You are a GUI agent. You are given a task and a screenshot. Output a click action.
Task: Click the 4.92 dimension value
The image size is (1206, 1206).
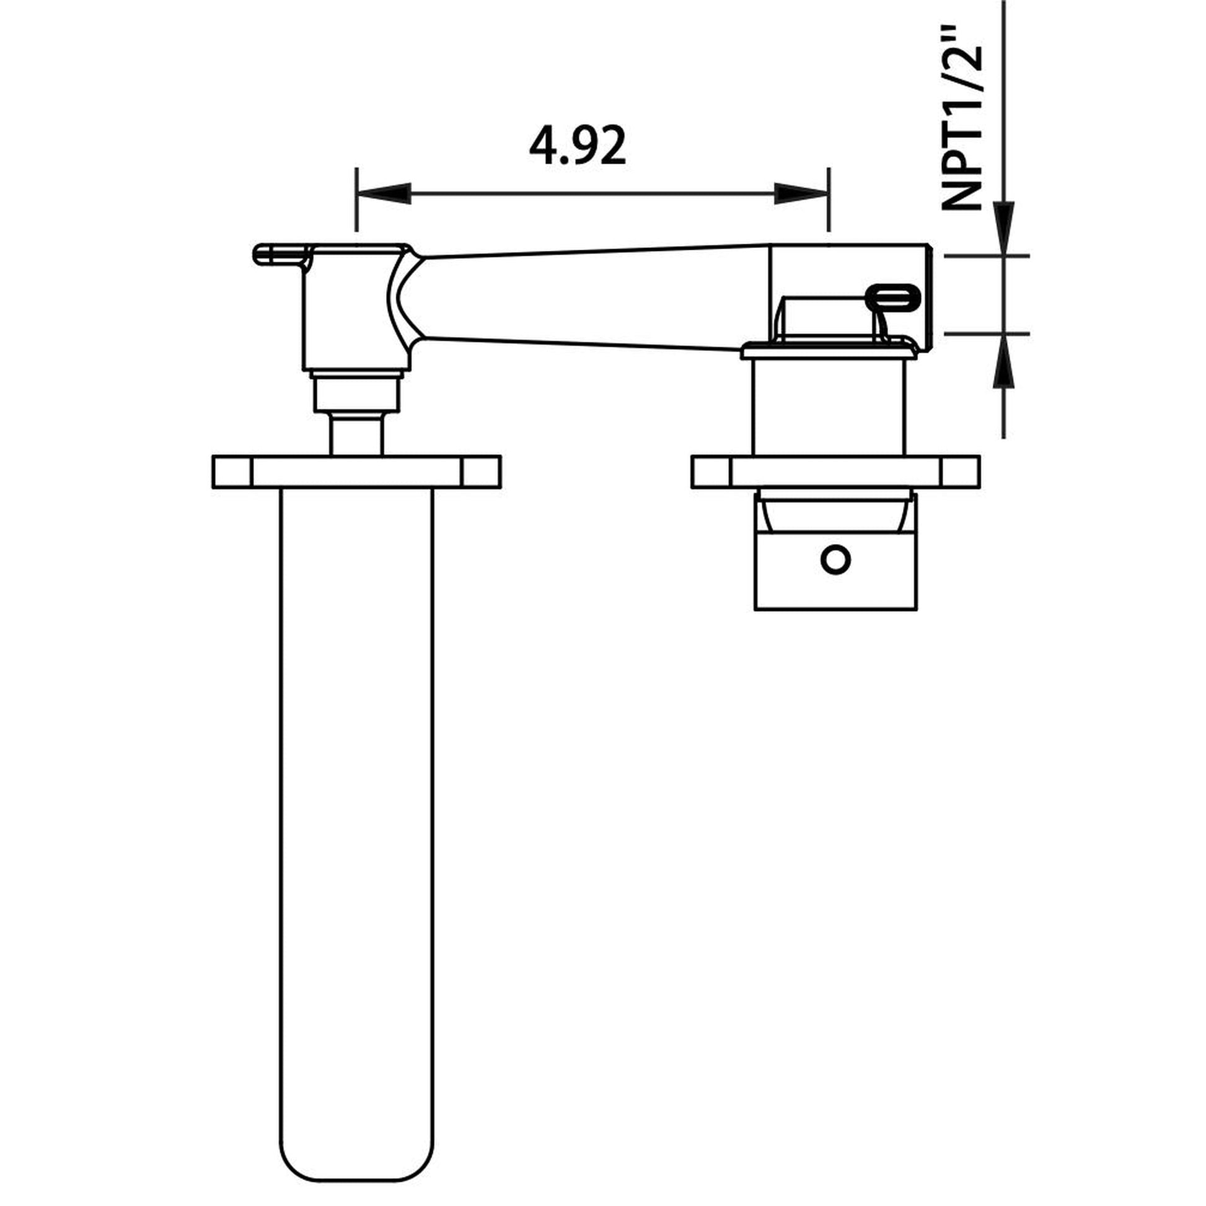tap(577, 146)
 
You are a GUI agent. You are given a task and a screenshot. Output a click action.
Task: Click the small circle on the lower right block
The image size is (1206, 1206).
tap(835, 558)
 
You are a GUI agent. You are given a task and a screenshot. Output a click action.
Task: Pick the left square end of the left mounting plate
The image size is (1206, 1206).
tap(232, 472)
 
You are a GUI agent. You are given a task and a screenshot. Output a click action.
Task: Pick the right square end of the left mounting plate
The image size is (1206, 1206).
tap(481, 472)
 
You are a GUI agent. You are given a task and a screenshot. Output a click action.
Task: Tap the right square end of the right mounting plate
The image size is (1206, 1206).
tap(960, 472)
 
